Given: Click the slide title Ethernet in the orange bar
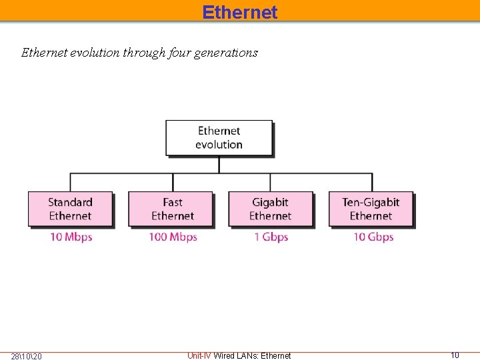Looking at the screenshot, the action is pos(240,12).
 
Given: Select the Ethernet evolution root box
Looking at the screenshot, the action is pos(219,138).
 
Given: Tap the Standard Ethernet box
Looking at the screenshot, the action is pos(70,209).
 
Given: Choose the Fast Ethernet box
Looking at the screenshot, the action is pos(172,209).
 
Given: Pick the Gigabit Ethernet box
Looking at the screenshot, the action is pos(270,209).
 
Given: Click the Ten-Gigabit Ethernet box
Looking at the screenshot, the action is pos(371,209).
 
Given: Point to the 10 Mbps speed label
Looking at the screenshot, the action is pos(71,237).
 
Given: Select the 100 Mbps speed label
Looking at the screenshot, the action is pos(173,237).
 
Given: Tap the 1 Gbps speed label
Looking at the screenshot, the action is pos(271,237).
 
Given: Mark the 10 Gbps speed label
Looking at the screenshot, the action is pos(373,237).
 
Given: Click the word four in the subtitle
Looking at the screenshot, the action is pos(177,53).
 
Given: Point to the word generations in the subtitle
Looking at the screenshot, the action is pos(226,53).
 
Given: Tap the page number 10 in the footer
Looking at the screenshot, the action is pos(455,355).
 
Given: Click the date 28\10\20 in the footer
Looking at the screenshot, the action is pos(27,356).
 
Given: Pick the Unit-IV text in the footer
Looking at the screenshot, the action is pos(199,356).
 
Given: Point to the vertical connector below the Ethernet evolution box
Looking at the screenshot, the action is pos(219,165).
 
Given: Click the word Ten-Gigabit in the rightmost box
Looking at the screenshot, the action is pos(371,202).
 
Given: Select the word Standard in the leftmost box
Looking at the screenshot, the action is pos(70,202).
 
